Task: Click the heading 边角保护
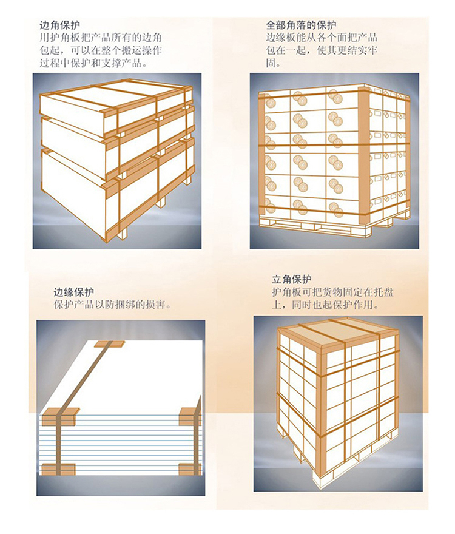click(60, 25)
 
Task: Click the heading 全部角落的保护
click(301, 25)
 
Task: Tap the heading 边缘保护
click(73, 292)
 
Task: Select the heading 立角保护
click(292, 280)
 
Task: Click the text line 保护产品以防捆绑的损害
click(112, 305)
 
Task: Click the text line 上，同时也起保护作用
click(325, 305)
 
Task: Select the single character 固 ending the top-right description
click(271, 63)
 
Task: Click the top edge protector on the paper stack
click(109, 344)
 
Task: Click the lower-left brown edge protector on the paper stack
click(61, 469)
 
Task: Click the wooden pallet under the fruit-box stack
click(327, 226)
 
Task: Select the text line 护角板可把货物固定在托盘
click(332, 292)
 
